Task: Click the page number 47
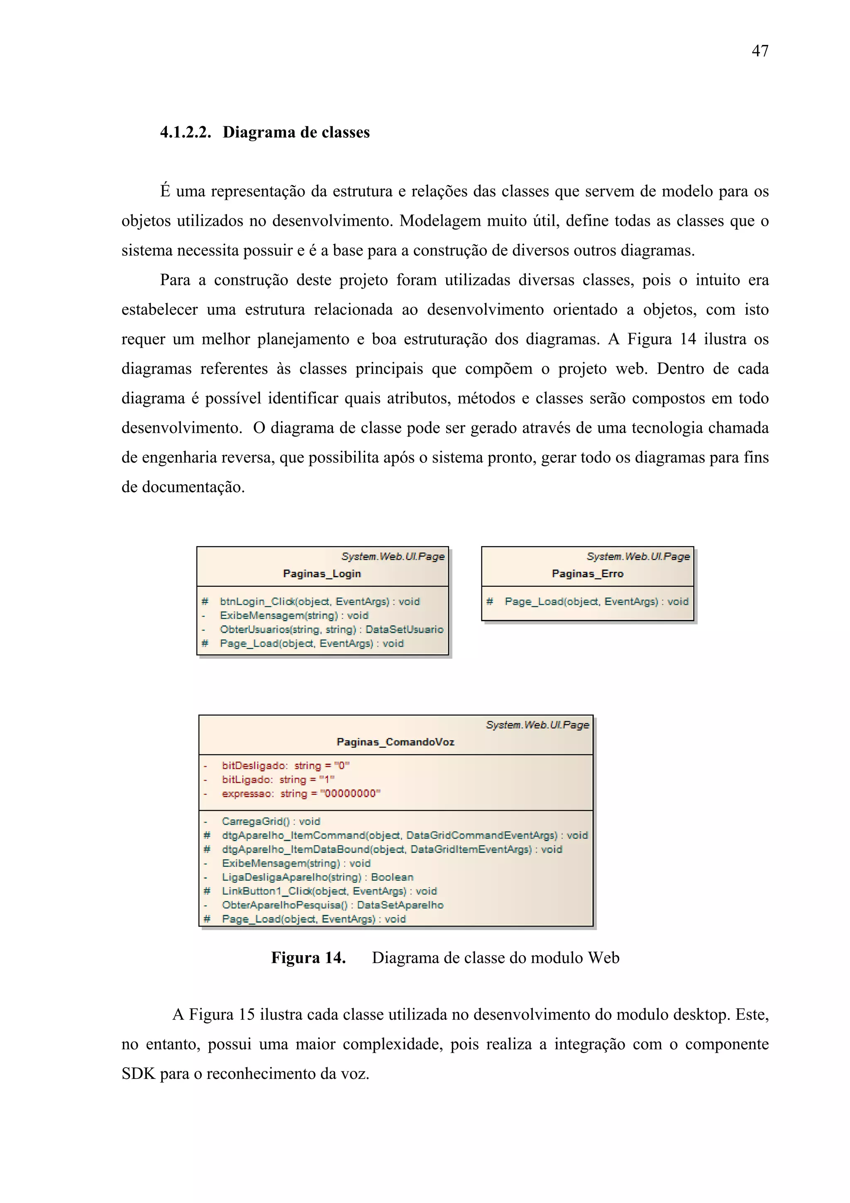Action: coord(760,51)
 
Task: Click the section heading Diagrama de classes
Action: coord(296,132)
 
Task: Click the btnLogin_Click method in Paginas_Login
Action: coord(320,601)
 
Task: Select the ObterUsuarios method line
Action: coord(331,629)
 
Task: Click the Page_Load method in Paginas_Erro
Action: coord(596,601)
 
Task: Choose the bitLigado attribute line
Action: coord(278,779)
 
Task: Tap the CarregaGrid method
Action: coord(270,821)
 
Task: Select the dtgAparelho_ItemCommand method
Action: coord(404,835)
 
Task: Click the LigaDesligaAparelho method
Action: coord(318,877)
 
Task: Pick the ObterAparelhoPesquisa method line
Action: coord(332,905)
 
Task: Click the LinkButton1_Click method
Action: coord(329,891)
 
